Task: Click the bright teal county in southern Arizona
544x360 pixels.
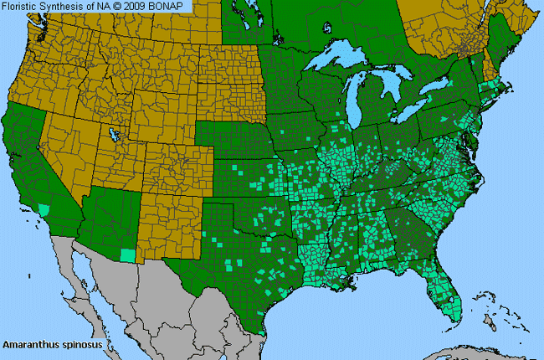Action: tap(127, 255)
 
